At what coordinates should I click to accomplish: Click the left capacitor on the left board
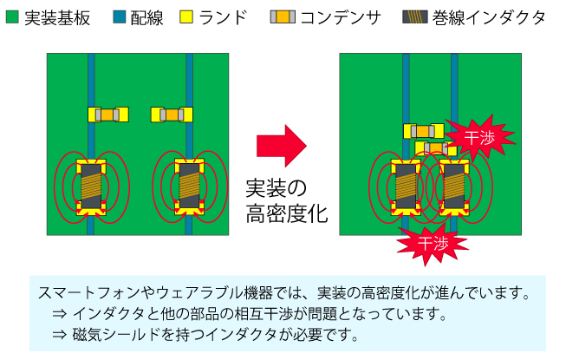(x=108, y=115)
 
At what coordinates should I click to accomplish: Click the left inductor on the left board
(x=91, y=187)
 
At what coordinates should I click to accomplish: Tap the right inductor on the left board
(x=189, y=187)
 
